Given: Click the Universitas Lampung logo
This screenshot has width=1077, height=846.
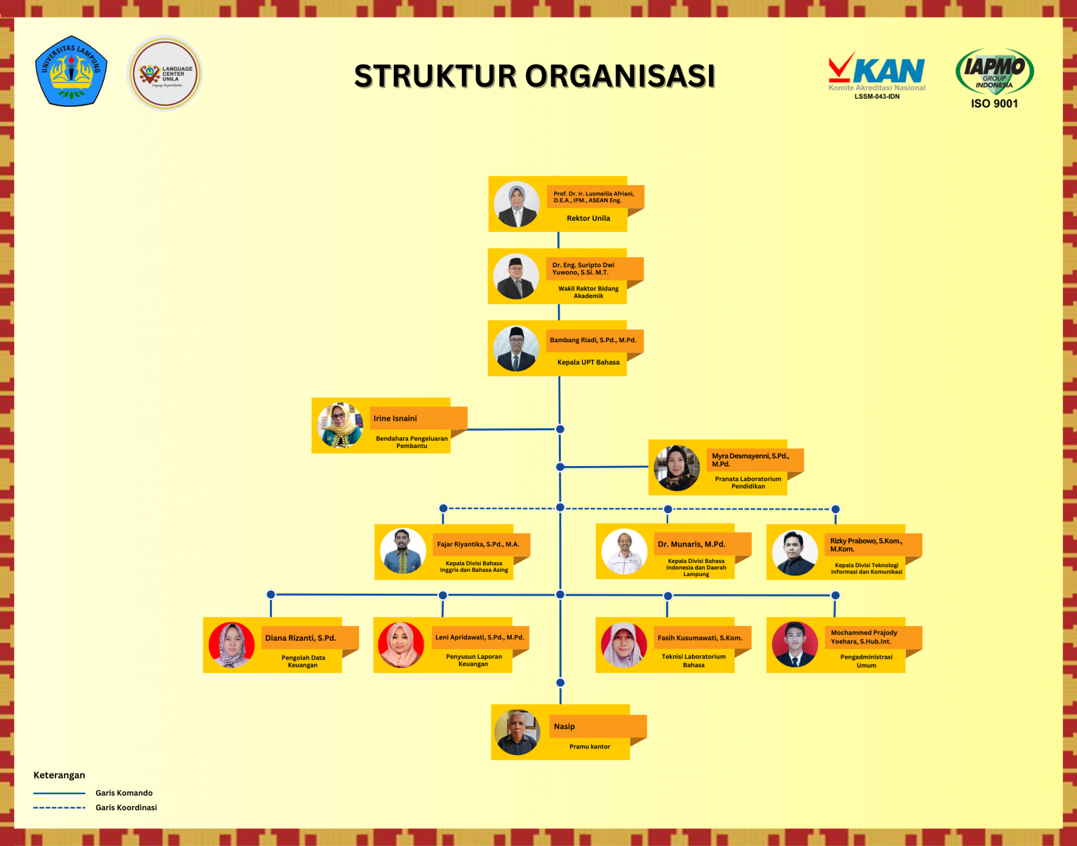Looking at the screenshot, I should tap(71, 71).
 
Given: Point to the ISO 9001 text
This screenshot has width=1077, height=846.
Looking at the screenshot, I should tap(994, 104).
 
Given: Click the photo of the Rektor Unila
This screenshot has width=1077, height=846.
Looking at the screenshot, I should tap(517, 205).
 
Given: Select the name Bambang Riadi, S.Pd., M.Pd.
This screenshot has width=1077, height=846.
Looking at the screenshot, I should tap(592, 340).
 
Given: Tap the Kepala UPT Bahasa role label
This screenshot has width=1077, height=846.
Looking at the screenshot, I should tap(588, 362).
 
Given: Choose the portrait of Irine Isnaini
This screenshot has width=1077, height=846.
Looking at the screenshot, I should tap(340, 425).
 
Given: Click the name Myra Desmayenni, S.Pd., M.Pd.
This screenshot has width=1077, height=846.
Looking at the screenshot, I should tap(750, 460).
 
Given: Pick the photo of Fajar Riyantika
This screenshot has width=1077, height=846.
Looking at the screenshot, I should tap(402, 551).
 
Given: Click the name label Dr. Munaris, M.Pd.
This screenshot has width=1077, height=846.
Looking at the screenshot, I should tap(691, 544).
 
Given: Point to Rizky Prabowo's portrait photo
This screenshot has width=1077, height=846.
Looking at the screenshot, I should tap(794, 552).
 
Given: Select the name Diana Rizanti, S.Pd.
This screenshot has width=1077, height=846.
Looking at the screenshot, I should tap(300, 638).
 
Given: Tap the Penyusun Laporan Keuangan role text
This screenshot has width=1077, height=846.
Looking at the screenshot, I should tap(473, 660).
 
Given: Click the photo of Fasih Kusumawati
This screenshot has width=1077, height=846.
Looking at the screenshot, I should tap(623, 645).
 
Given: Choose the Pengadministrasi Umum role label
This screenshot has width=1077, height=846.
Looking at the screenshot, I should tap(866, 661).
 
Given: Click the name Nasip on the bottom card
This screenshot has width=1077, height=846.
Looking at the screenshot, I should tap(564, 726).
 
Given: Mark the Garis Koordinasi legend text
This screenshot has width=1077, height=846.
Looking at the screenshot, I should tap(126, 807).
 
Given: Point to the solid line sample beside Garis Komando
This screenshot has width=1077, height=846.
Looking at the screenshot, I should tap(59, 793).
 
